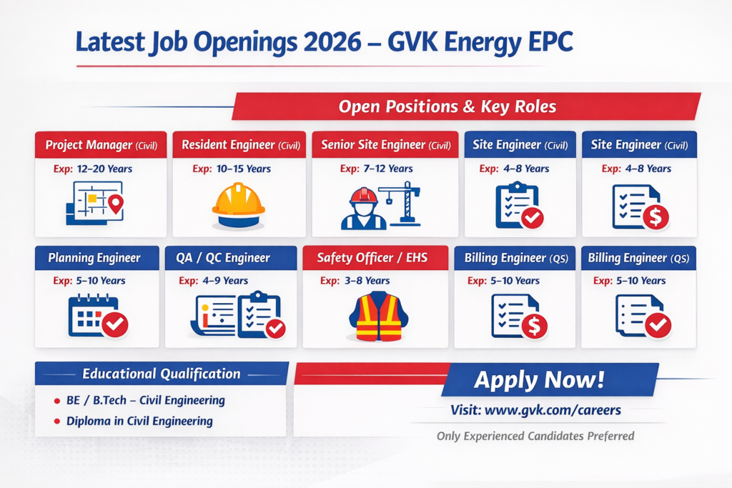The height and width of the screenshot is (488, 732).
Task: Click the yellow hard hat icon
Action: click(x=239, y=205)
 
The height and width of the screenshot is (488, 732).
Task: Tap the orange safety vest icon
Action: click(x=379, y=316)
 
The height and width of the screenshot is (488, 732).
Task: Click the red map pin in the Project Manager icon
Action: click(x=116, y=204)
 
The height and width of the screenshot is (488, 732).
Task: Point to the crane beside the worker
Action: click(x=401, y=204)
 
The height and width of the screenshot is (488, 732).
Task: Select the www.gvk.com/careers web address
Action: click(x=553, y=410)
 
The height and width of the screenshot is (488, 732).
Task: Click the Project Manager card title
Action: click(x=101, y=145)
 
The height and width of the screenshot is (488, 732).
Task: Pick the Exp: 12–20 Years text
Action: click(x=93, y=169)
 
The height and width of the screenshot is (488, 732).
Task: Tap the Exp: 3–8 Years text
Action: click(x=355, y=281)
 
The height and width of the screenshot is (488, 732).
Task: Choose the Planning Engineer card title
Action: click(x=94, y=258)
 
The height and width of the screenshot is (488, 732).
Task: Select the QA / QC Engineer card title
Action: click(x=223, y=258)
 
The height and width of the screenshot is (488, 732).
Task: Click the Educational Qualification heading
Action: click(x=162, y=374)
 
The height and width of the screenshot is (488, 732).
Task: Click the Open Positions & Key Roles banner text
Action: click(x=447, y=107)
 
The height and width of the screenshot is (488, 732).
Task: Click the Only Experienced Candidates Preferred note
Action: click(x=535, y=437)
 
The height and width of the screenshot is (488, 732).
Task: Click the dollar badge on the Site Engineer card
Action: click(x=656, y=216)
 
